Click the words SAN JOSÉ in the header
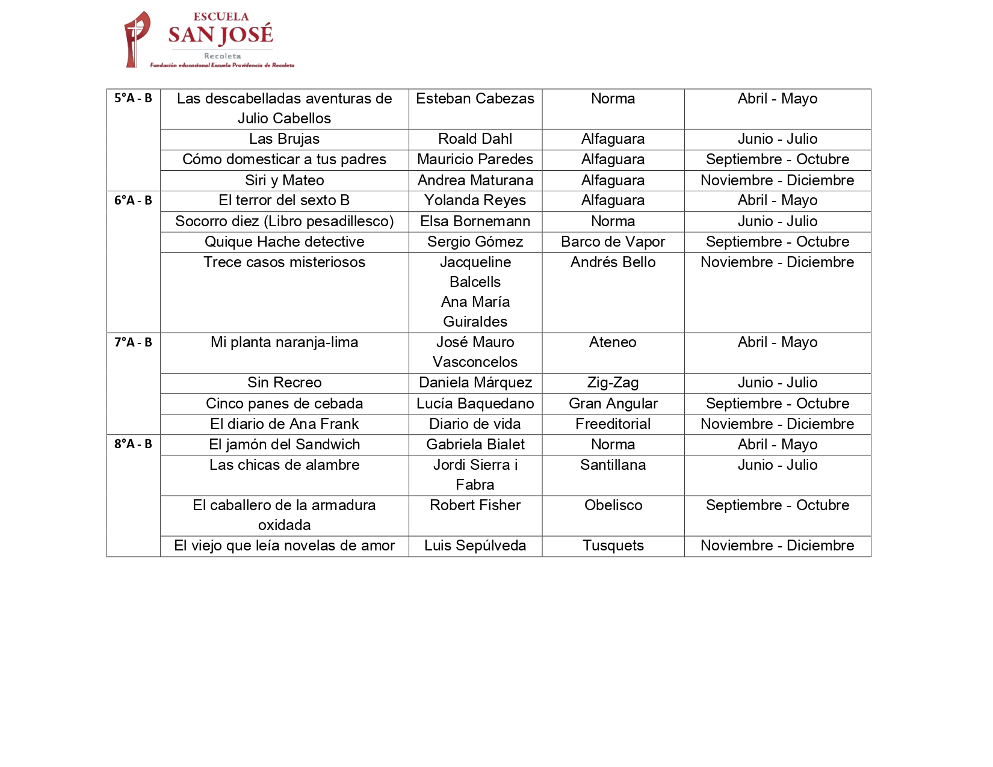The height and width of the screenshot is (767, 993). click(x=220, y=35)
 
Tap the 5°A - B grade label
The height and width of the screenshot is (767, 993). click(x=133, y=98)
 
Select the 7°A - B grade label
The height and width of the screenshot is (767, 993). click(x=133, y=342)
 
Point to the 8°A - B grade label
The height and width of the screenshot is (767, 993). click(x=133, y=444)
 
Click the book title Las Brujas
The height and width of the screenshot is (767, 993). click(x=284, y=139)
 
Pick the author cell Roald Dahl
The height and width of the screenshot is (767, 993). click(x=475, y=139)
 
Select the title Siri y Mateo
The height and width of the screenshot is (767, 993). click(x=284, y=180)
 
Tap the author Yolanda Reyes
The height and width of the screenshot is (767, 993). click(x=475, y=200)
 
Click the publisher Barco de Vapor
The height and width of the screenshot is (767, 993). click(x=613, y=242)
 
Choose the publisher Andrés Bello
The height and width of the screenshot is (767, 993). click(x=613, y=262)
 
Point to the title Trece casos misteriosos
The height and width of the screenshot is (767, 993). click(x=284, y=262)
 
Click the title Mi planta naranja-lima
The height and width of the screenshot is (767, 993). click(x=284, y=342)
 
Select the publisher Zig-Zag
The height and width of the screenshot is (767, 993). click(x=613, y=383)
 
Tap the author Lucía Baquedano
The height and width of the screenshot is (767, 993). click(x=475, y=404)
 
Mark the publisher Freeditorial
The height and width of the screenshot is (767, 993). click(x=613, y=424)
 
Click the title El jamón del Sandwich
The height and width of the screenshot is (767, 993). click(x=284, y=445)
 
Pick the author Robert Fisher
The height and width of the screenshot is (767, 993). click(x=475, y=505)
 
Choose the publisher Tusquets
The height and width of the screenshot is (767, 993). click(x=613, y=546)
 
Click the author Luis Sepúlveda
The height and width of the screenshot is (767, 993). click(x=475, y=546)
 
